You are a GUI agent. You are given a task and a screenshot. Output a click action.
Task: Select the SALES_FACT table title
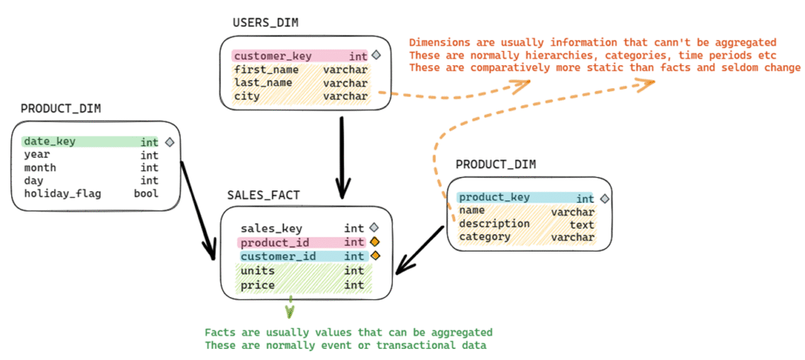click(x=263, y=195)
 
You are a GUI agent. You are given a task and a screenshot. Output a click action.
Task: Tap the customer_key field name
click(x=273, y=56)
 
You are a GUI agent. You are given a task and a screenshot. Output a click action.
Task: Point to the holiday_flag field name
click(x=61, y=193)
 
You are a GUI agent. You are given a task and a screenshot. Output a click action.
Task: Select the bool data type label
click(x=145, y=193)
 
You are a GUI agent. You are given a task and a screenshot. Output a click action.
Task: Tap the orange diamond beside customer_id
click(x=375, y=256)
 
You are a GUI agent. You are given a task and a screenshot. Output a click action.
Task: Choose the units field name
click(x=258, y=270)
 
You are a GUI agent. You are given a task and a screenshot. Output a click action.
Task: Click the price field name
click(x=258, y=285)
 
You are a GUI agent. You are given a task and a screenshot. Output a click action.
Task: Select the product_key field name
click(x=494, y=197)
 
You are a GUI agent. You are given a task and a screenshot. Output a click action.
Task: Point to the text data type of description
click(x=582, y=224)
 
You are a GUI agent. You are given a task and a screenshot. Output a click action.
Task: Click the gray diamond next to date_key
click(x=169, y=142)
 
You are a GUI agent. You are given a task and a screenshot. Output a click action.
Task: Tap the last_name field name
click(x=263, y=83)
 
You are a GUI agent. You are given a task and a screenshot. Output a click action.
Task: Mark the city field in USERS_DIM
click(x=248, y=96)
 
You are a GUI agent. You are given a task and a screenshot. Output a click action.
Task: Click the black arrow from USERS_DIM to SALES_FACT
click(x=342, y=157)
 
